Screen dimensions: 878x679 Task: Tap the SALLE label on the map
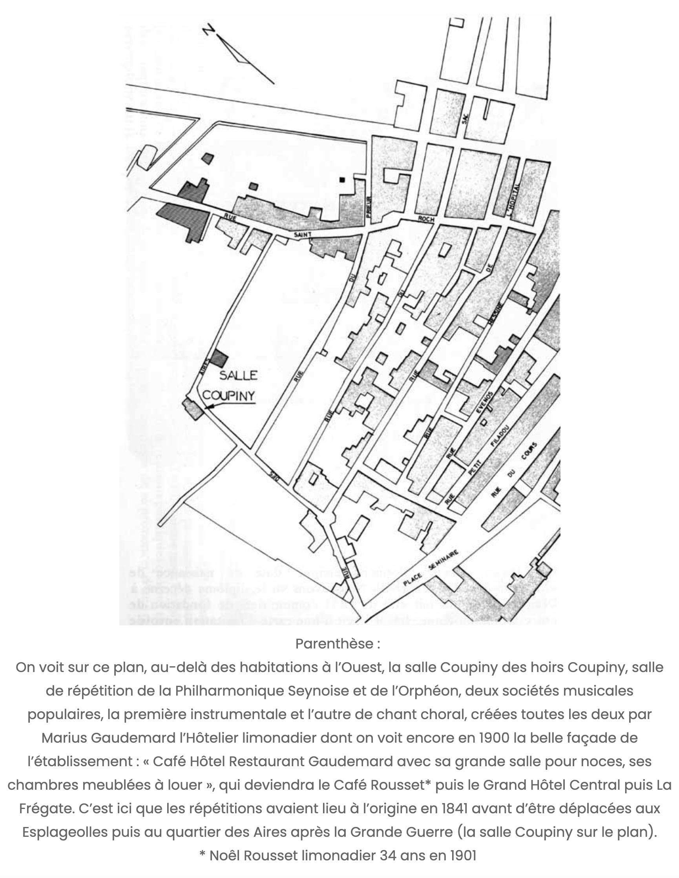tap(238, 375)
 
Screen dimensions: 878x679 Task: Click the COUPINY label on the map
tap(228, 395)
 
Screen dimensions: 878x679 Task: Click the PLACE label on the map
tap(413, 578)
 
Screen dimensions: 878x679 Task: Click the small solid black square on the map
tap(342, 180)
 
